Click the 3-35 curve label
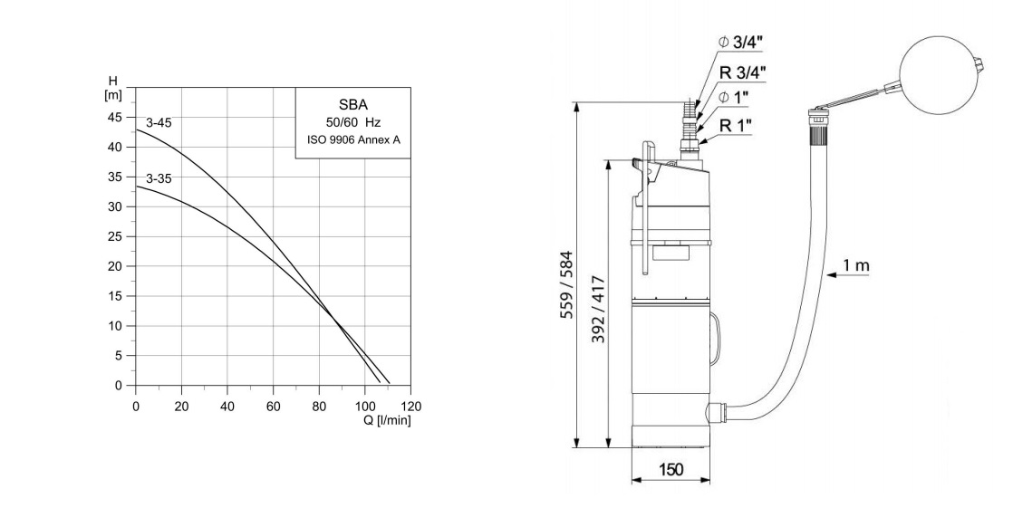tap(159, 179)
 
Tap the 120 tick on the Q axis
tap(411, 407)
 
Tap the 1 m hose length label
tap(857, 264)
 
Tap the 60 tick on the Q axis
tap(273, 407)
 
